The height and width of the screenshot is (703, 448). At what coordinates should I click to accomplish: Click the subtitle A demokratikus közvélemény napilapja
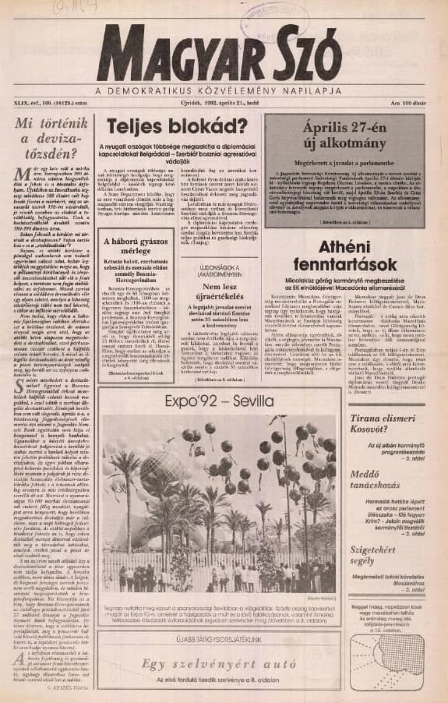[225, 92]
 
